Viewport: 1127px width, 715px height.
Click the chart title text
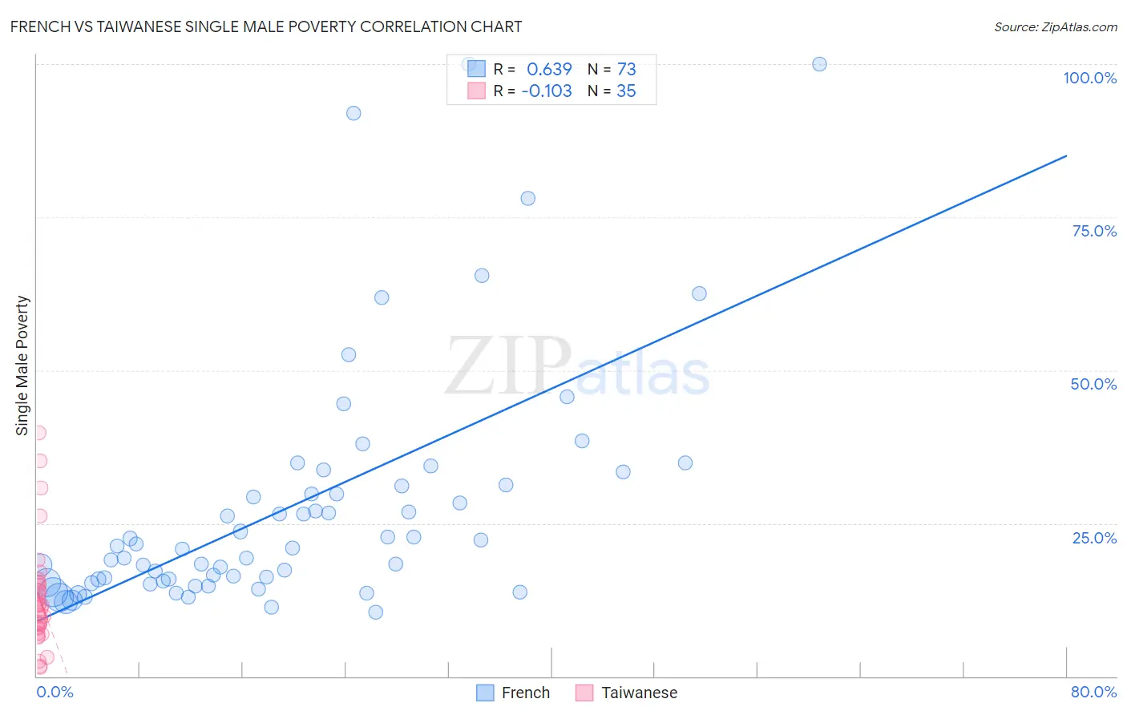coord(265,26)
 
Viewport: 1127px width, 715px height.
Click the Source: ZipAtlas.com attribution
coord(1055,26)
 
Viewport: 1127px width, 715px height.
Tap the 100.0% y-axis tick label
coord(1089,78)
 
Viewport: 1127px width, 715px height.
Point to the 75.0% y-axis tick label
coord(1094,231)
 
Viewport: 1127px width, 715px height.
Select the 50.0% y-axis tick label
coord(1093,384)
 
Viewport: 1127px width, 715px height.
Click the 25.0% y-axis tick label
coord(1094,538)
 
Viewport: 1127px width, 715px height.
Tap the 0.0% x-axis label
coord(55,692)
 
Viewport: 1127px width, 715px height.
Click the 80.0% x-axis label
coord(1093,692)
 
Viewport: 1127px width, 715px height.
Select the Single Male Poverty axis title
coord(22,366)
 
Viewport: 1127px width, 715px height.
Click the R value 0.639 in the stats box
coord(549,70)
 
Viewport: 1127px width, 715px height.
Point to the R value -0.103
coord(547,91)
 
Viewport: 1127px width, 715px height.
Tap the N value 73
coord(626,70)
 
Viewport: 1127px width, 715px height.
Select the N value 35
coord(626,91)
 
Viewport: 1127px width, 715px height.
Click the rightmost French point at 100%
coord(819,64)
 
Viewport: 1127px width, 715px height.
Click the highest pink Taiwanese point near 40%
coord(38,432)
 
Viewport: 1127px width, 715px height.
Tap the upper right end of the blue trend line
coord(1066,156)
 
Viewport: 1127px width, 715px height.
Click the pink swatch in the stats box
coord(476,91)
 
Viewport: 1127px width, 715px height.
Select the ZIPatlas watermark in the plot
coord(577,367)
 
